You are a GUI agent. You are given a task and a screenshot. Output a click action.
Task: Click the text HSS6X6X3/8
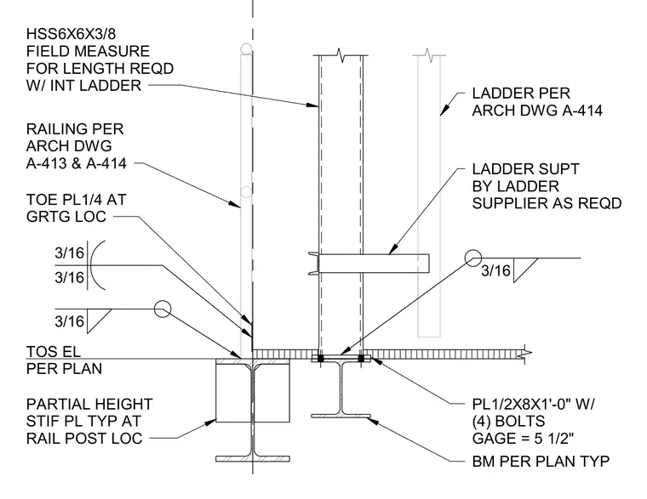point(71,33)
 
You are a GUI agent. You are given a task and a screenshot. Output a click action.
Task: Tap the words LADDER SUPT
point(526,169)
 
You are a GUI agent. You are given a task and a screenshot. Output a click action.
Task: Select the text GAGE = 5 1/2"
point(524,439)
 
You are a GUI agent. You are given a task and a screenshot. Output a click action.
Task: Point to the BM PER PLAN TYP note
point(541,461)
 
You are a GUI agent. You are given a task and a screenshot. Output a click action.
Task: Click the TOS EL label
point(54,351)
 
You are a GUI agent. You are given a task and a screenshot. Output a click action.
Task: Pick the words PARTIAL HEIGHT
point(89,404)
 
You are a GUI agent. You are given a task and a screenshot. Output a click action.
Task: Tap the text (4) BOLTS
point(508,421)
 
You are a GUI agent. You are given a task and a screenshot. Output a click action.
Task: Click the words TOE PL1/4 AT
point(77,200)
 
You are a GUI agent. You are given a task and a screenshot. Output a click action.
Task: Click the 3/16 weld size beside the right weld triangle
point(496,270)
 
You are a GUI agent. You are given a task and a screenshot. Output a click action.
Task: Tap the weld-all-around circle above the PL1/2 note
point(472,258)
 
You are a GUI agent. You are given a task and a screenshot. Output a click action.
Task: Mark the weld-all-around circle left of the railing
point(163,309)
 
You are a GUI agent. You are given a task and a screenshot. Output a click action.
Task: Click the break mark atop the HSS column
point(341,55)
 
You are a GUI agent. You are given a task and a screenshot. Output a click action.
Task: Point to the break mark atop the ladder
point(429,55)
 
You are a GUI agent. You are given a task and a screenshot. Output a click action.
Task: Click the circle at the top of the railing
point(246,49)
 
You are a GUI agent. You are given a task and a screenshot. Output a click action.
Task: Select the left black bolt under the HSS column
point(321,359)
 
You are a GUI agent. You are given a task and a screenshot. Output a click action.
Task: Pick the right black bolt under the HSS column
point(361,359)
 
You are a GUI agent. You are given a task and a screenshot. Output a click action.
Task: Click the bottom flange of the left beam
point(253,458)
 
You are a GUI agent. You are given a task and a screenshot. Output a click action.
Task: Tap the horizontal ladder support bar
point(374,264)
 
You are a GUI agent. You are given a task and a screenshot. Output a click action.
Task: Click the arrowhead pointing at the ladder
point(444,111)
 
